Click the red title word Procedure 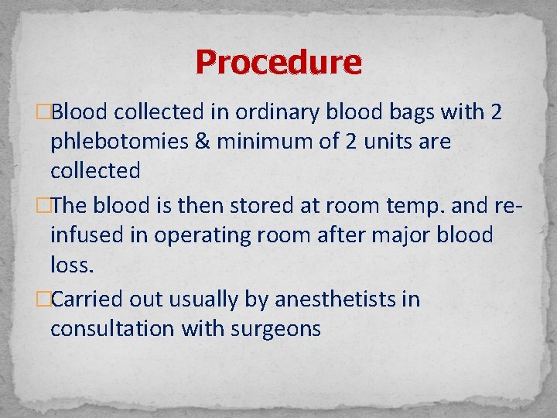[278, 62]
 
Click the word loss [71, 266]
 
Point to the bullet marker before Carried [45, 299]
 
